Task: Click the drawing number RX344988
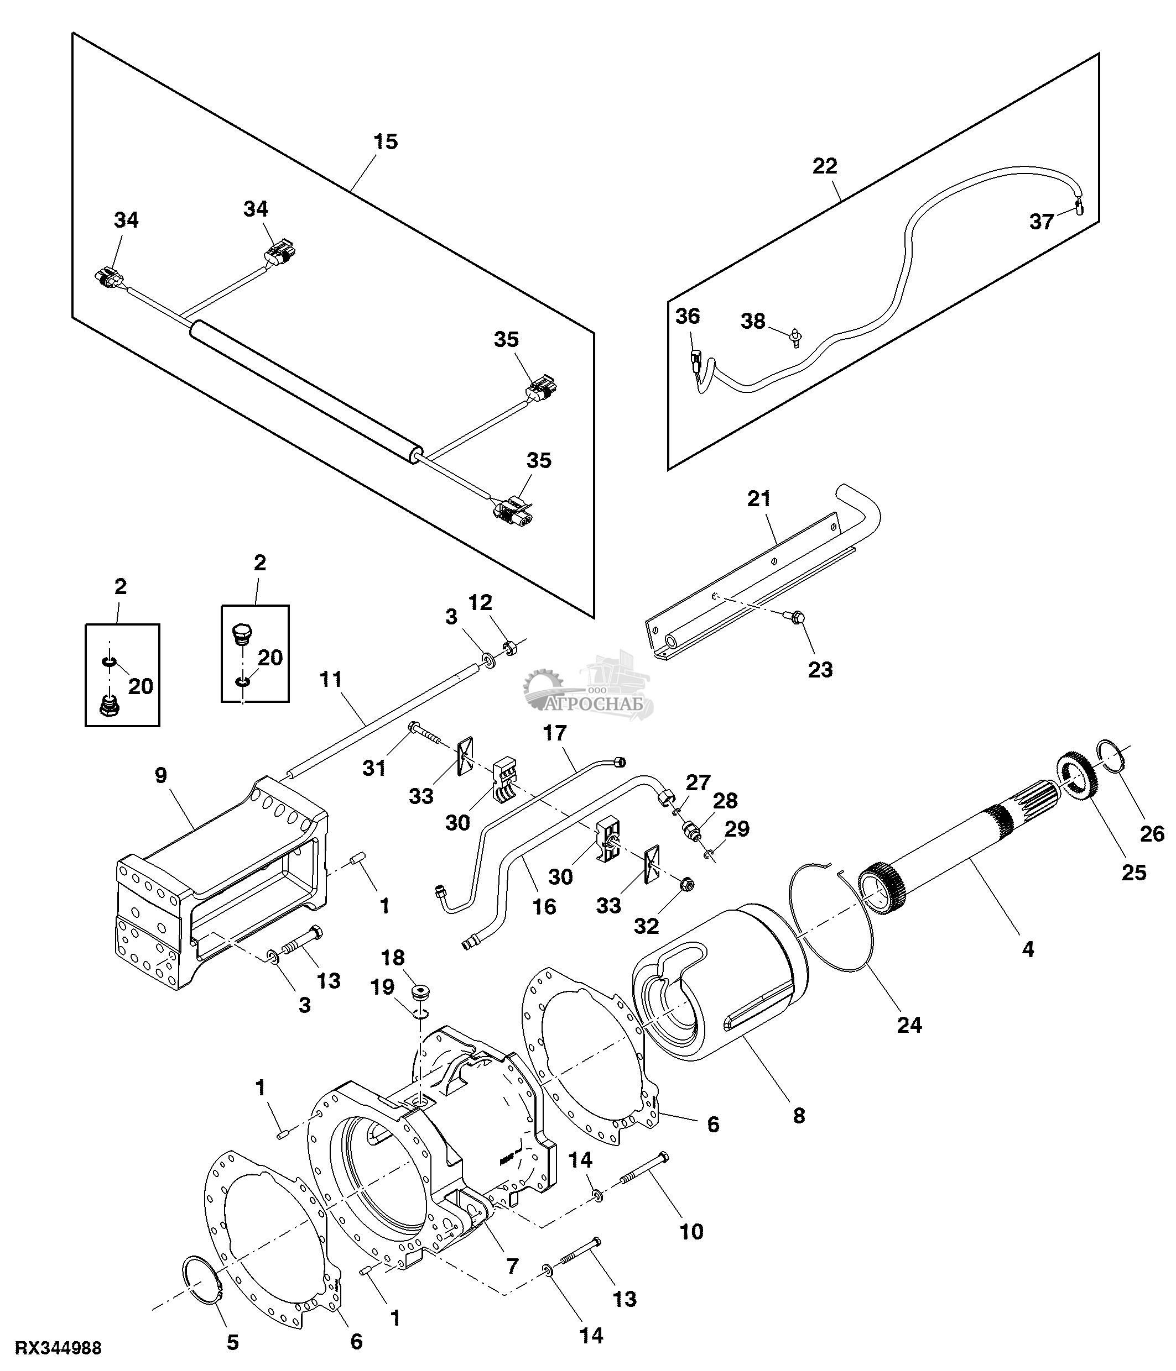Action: click(x=58, y=1348)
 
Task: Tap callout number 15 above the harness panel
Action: click(x=386, y=141)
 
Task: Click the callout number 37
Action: click(x=1041, y=222)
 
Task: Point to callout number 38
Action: click(x=753, y=321)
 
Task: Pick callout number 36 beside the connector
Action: click(x=688, y=316)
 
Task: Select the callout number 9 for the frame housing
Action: click(x=161, y=775)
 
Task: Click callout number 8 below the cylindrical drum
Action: click(x=799, y=1116)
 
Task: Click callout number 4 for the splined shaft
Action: click(x=1027, y=949)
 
